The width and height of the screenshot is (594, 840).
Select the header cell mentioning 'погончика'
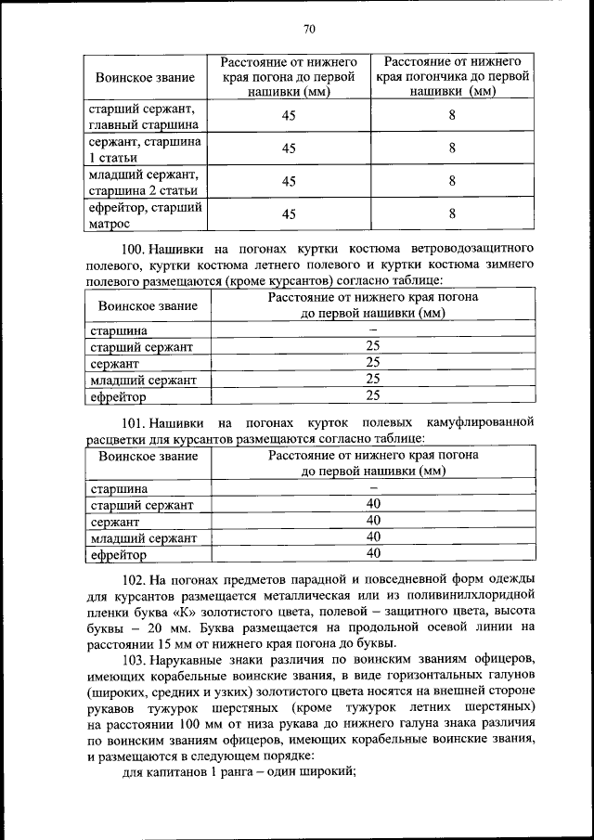click(452, 76)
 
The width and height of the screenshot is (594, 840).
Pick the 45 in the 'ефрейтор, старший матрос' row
click(289, 214)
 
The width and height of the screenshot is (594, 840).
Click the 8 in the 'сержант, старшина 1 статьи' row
click(452, 149)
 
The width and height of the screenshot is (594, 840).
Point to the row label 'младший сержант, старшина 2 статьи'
click(143, 182)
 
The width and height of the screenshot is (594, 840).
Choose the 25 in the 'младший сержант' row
click(373, 379)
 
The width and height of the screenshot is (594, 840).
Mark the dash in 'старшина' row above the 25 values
click(373, 330)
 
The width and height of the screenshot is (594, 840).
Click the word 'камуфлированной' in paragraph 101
click(483, 422)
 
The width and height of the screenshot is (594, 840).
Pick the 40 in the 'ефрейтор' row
click(373, 553)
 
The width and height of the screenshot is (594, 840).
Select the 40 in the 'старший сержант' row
click(373, 504)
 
